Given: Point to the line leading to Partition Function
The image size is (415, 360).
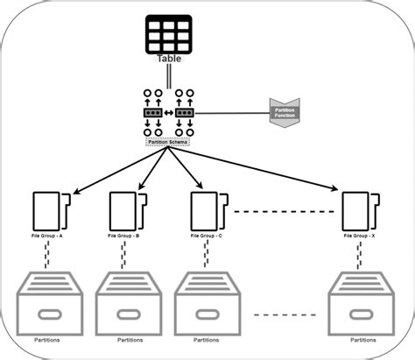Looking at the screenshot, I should point(232,112).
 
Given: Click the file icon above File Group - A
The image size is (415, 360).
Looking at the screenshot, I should point(50,209).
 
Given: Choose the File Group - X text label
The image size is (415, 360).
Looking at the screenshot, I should point(361,236).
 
